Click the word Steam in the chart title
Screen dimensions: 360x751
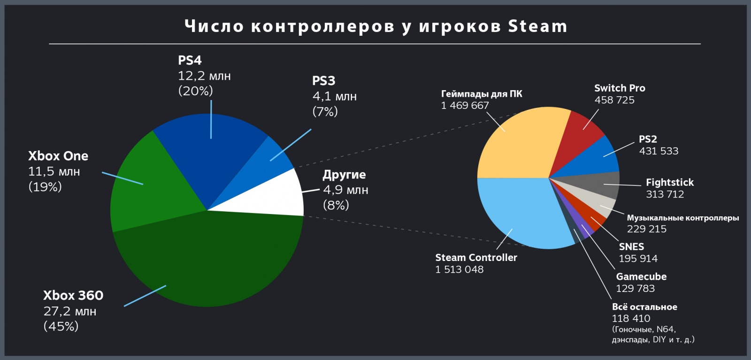pyautogui.click(x=537, y=26)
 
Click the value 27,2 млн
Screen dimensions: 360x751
pyautogui.click(x=69, y=311)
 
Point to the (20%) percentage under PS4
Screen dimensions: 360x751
pyautogui.click(x=195, y=91)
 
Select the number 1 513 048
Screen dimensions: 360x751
pyautogui.click(x=459, y=269)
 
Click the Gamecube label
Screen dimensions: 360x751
pyautogui.click(x=641, y=276)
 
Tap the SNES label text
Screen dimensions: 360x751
pyautogui.click(x=631, y=246)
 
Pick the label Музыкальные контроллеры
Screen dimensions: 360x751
pyautogui.click(x=682, y=218)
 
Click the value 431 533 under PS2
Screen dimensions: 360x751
pyautogui.click(x=659, y=151)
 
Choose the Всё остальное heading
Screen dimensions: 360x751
pyautogui.click(x=644, y=307)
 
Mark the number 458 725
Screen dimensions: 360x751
pyautogui.click(x=614, y=100)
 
